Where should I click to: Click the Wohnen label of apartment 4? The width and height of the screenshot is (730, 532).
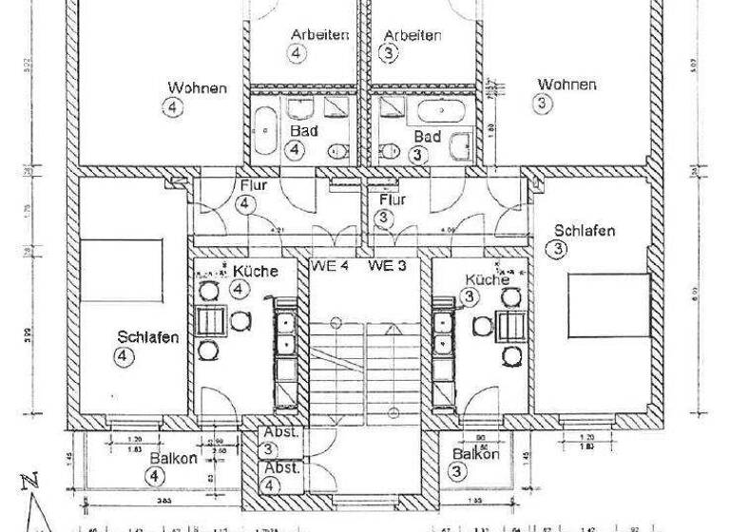click(x=197, y=88)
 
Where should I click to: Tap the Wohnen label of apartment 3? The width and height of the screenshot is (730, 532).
click(x=567, y=85)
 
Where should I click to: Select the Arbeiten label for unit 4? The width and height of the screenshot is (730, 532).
click(x=319, y=35)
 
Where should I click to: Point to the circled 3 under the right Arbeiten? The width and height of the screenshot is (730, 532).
click(x=391, y=54)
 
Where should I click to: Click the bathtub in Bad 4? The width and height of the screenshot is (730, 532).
click(x=265, y=132)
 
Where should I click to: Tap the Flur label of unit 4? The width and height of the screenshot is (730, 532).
click(x=255, y=186)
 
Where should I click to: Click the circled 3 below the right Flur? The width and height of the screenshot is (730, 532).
click(x=383, y=218)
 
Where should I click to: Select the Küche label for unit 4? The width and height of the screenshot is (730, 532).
click(x=255, y=271)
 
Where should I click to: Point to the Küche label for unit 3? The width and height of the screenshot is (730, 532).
click(x=487, y=278)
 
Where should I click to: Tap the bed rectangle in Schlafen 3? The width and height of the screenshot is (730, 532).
click(x=608, y=304)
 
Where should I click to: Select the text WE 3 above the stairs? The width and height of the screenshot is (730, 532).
click(x=388, y=266)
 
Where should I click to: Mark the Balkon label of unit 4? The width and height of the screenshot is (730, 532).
click(x=172, y=458)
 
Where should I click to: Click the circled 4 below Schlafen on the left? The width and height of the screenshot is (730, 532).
click(x=125, y=356)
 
